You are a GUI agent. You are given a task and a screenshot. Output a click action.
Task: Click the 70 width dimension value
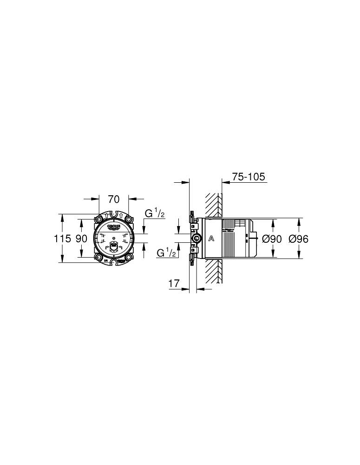click(x=114, y=199)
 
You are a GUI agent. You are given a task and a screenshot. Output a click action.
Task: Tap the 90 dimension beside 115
click(x=81, y=239)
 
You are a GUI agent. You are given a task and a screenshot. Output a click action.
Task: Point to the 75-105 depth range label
click(x=248, y=177)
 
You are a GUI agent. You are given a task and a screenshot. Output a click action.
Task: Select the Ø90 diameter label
click(x=272, y=239)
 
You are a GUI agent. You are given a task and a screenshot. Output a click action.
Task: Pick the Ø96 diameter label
click(x=299, y=239)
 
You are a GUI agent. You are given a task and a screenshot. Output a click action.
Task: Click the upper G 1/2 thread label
click(x=155, y=213)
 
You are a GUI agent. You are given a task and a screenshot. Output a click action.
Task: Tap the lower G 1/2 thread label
click(x=166, y=253)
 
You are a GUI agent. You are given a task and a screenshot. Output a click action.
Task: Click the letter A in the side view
click(x=211, y=239)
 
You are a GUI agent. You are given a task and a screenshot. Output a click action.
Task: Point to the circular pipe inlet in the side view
click(x=197, y=239)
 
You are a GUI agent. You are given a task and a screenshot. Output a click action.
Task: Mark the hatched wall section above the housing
click(x=214, y=205)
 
